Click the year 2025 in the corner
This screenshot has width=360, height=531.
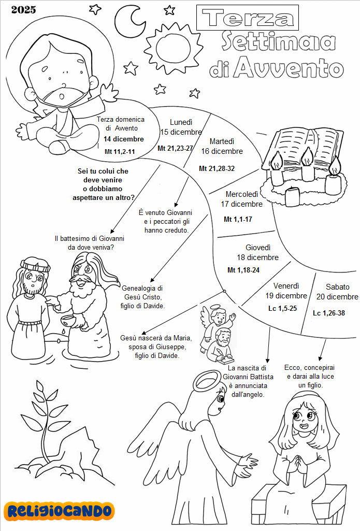coord(23,9)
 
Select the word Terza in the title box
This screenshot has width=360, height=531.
coord(248,18)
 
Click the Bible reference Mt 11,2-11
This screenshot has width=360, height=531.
coord(120,152)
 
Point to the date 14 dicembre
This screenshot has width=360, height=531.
coord(123,139)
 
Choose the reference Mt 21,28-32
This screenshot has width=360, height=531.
coord(217,168)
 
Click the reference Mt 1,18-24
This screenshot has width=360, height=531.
coord(243,270)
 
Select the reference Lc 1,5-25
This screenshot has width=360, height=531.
coord(282,308)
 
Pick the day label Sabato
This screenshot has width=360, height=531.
coord(338,286)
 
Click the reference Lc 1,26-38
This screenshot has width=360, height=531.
coord(329,313)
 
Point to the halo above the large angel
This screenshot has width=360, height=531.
coord(209,382)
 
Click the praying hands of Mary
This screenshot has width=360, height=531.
coord(299,463)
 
